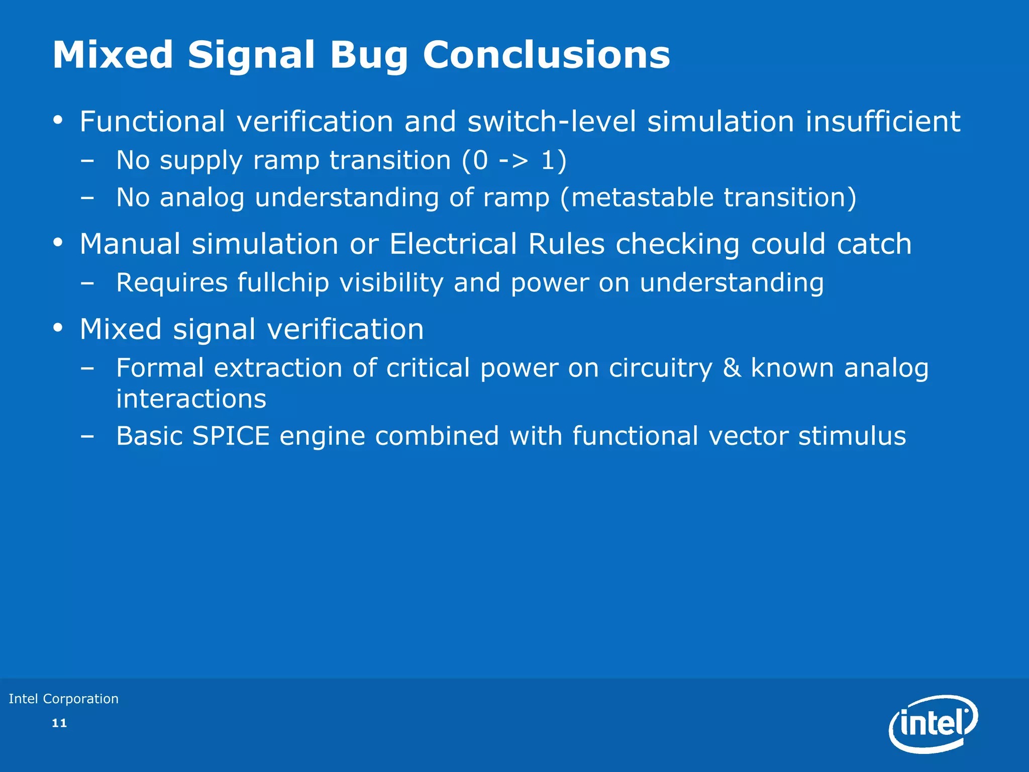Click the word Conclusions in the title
(546, 55)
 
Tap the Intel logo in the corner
(933, 724)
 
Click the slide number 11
(59, 723)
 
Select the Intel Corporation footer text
(64, 699)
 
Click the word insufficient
(883, 122)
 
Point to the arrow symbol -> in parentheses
(513, 161)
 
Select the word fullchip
(283, 282)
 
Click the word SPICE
(231, 436)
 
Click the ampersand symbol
(732, 368)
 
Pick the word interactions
(191, 399)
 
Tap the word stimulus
(852, 436)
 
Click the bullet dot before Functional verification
(58, 121)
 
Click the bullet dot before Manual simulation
(58, 243)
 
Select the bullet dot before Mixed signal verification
(58, 328)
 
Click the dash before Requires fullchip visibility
(87, 283)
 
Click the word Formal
(160, 368)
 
